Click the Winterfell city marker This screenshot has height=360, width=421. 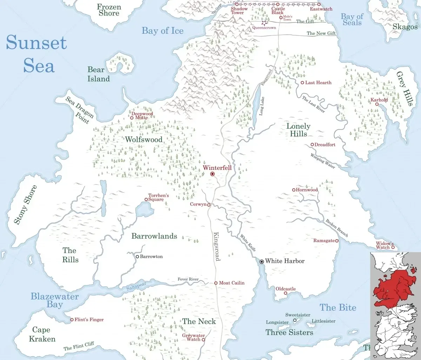point(212,174)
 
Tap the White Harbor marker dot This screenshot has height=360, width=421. point(261,261)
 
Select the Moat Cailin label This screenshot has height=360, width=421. point(232,283)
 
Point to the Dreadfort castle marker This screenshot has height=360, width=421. point(312,145)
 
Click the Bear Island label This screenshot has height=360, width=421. point(98,74)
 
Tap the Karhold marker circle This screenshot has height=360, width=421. point(377,104)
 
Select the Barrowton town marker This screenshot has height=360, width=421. point(138,256)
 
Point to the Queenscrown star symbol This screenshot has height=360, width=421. point(263,22)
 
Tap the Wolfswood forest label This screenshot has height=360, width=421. point(144,140)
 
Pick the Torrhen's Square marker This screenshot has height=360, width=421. point(146,200)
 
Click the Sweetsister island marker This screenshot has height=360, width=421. point(295,320)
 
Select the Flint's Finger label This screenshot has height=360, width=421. point(89,320)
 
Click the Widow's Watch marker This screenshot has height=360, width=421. point(393,247)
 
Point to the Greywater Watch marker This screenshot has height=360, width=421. point(203,340)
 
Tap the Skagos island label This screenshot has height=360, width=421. point(405,27)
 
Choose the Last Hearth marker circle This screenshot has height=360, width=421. point(302,83)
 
